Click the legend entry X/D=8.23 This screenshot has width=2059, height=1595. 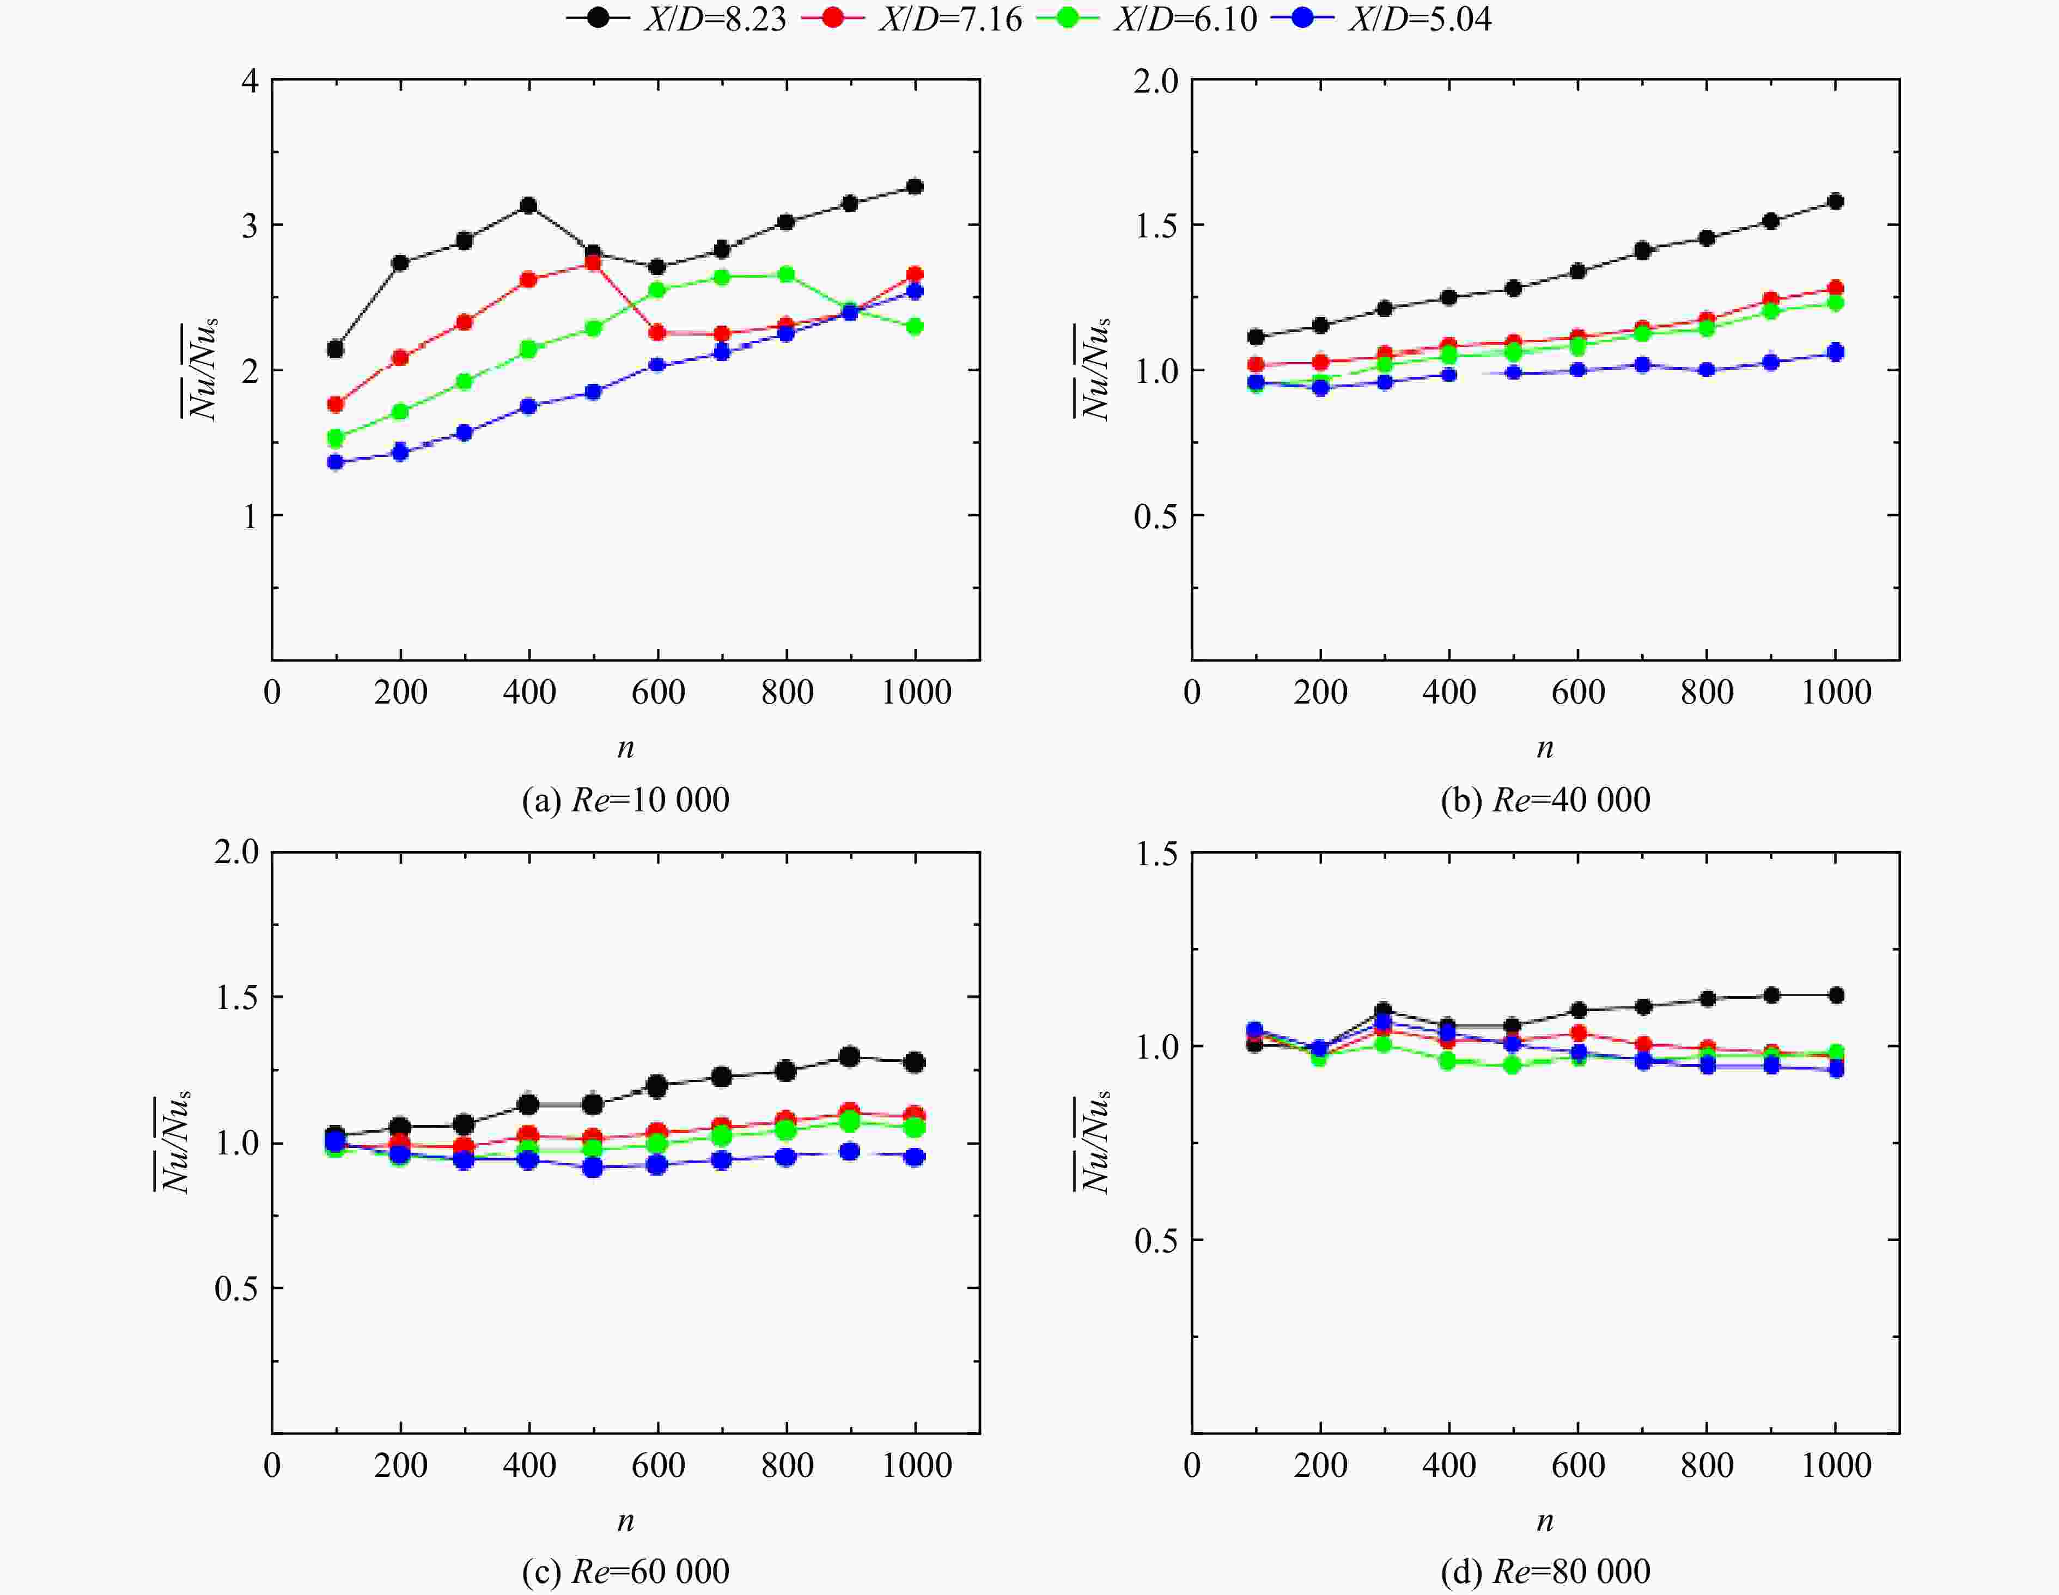[x=677, y=19]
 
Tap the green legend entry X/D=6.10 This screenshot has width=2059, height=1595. [x=1147, y=19]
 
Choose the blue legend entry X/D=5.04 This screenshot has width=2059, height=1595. [x=1381, y=19]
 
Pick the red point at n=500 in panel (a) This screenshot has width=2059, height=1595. [x=593, y=263]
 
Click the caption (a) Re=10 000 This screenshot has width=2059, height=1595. [x=626, y=800]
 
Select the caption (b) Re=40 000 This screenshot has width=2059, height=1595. [x=1546, y=800]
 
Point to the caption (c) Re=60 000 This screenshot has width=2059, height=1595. [x=626, y=1572]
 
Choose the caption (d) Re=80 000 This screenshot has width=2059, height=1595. [x=1546, y=1572]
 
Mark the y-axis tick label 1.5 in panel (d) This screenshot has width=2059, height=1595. [x=1156, y=854]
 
